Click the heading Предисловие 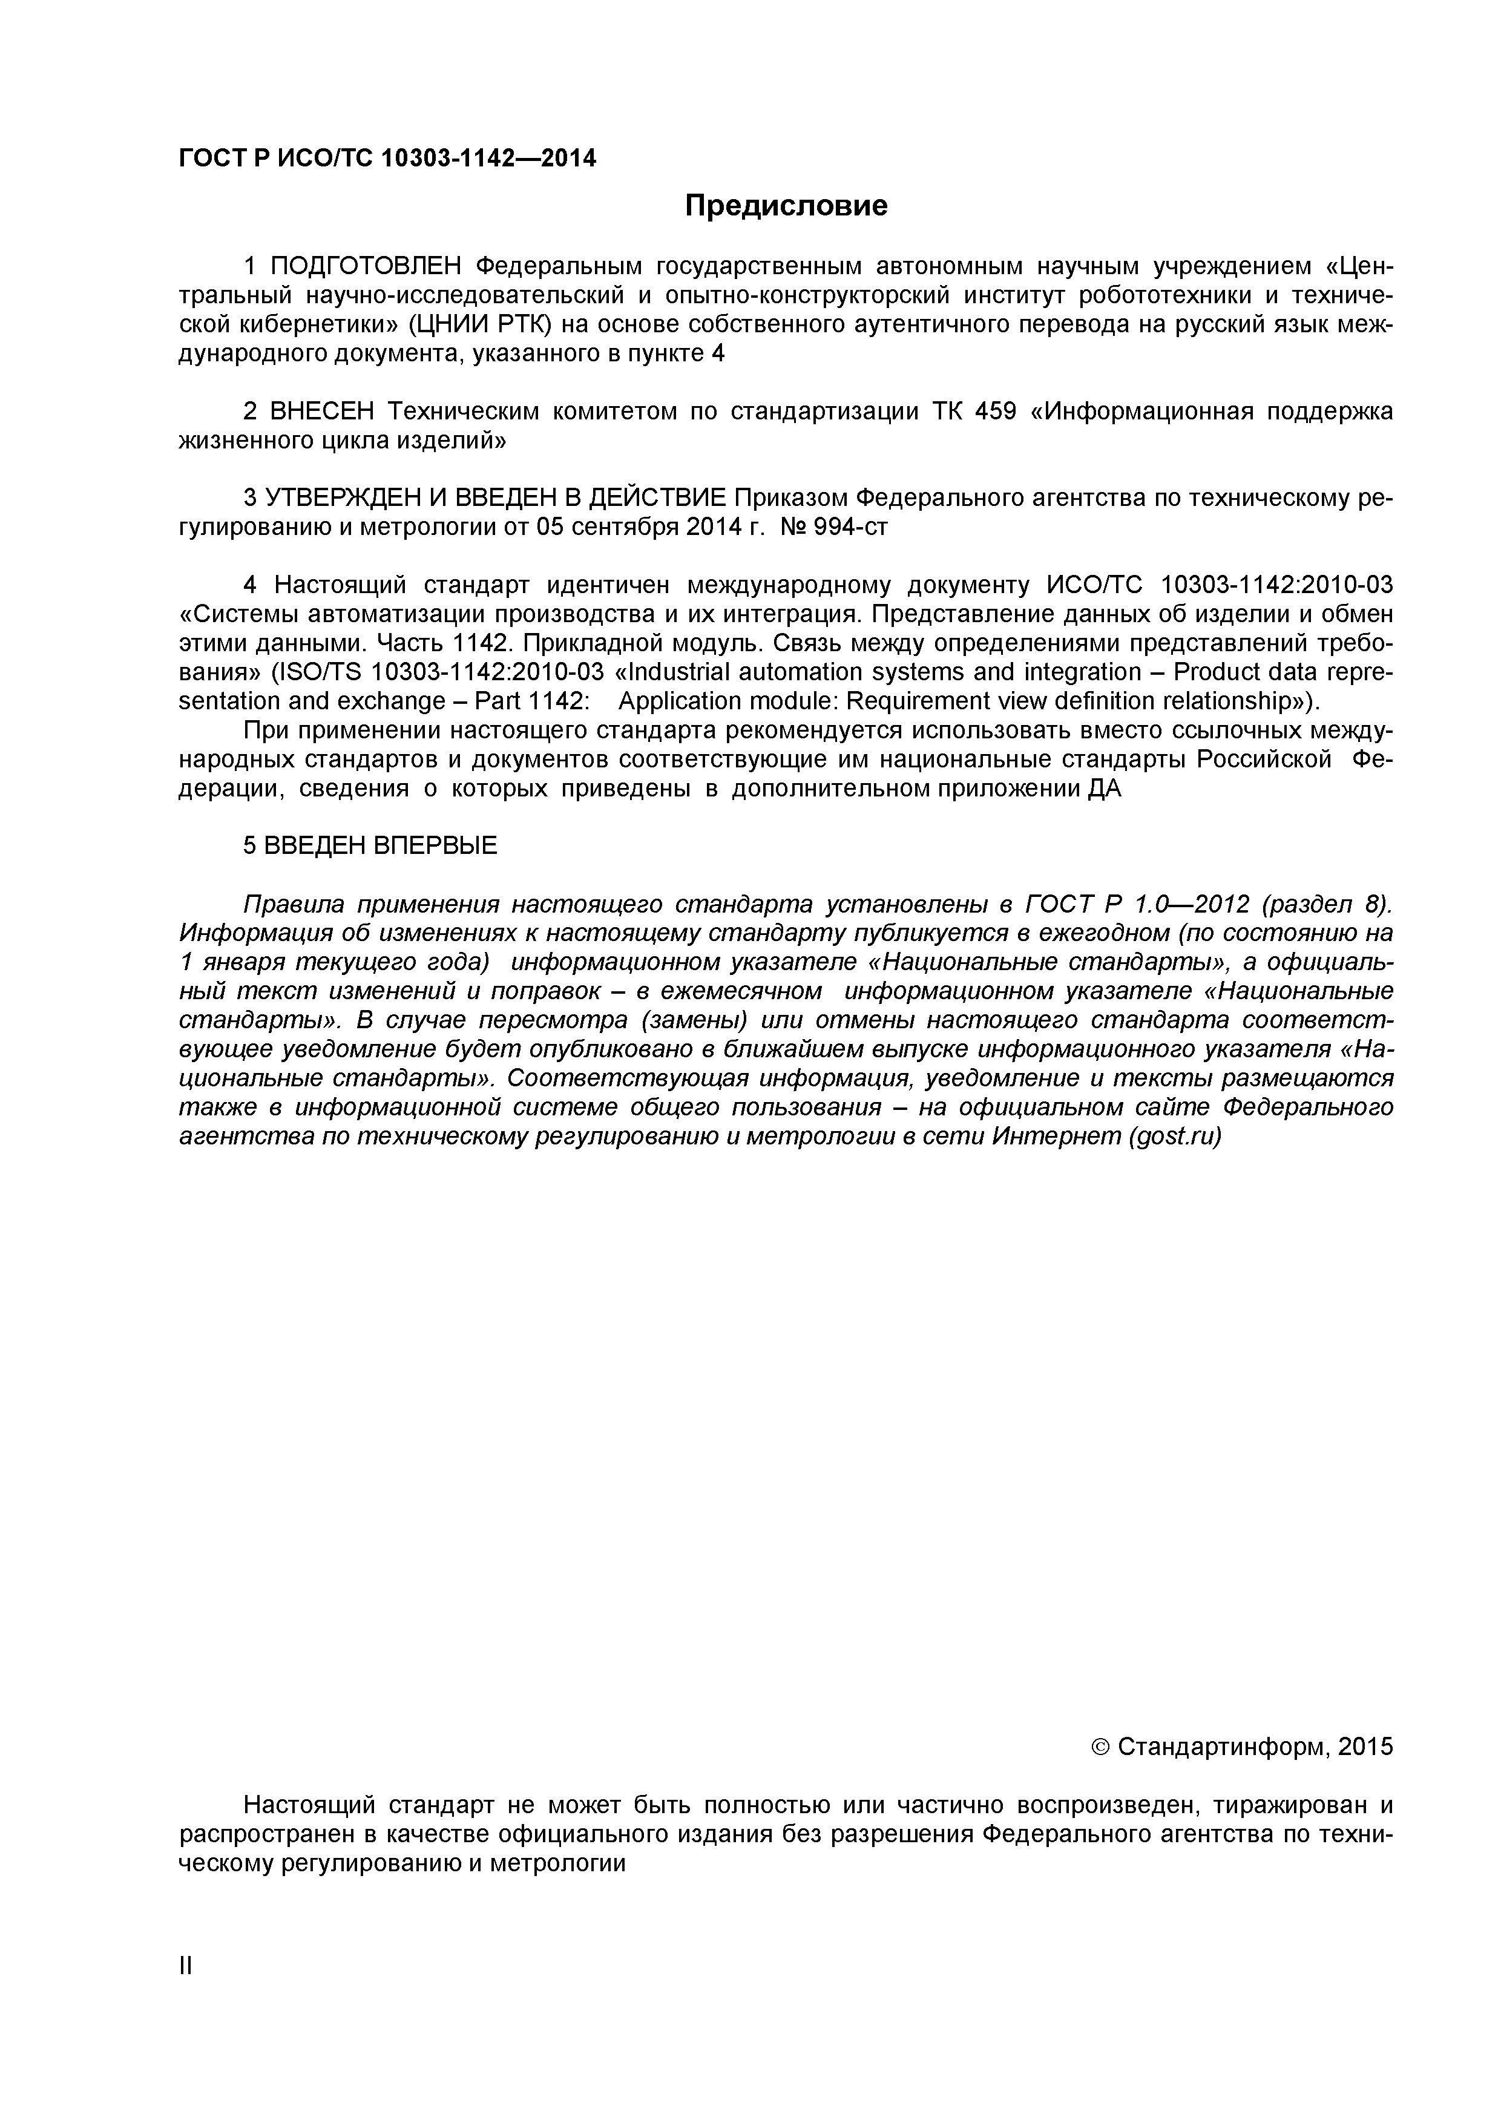785,205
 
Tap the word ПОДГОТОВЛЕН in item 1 364,267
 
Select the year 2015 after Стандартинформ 1365,1747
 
